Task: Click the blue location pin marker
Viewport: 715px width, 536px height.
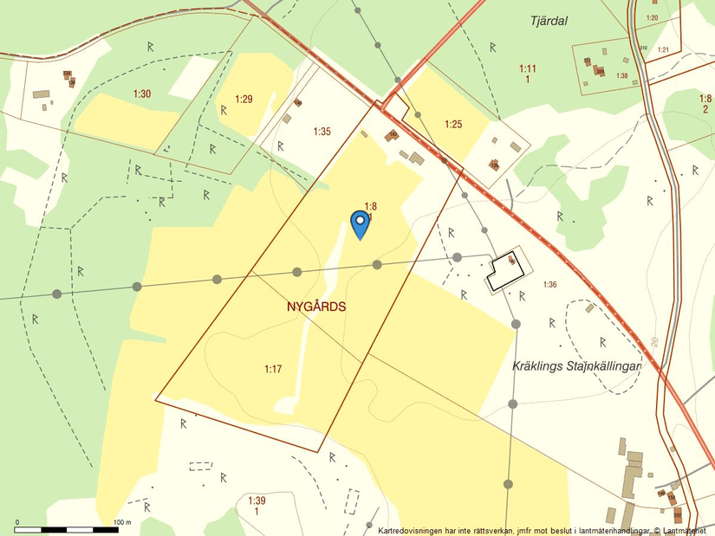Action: click(x=360, y=223)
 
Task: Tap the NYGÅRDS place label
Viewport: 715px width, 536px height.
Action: click(x=316, y=307)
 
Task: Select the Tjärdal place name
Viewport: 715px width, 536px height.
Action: click(x=548, y=22)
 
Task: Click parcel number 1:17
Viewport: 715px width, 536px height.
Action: click(x=273, y=370)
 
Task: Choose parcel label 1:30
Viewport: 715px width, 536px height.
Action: click(x=142, y=94)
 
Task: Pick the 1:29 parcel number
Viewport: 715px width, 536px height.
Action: click(x=244, y=100)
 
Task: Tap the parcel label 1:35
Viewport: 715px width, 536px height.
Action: click(x=322, y=132)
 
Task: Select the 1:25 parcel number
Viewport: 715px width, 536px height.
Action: click(x=453, y=125)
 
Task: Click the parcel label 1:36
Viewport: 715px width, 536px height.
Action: click(x=549, y=284)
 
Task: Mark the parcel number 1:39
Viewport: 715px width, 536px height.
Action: click(x=257, y=501)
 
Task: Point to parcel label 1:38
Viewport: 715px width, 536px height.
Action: click(x=621, y=76)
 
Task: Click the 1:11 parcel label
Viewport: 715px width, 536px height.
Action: click(x=528, y=68)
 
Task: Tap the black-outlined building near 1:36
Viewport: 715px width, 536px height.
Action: click(x=505, y=270)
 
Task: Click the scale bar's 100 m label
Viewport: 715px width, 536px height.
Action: click(x=121, y=523)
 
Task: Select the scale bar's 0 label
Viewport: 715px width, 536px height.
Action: click(x=17, y=523)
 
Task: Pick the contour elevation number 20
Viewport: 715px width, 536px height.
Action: click(x=654, y=341)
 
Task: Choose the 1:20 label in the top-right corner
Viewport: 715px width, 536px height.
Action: click(x=652, y=18)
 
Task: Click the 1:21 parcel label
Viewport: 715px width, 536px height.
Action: click(x=663, y=49)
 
